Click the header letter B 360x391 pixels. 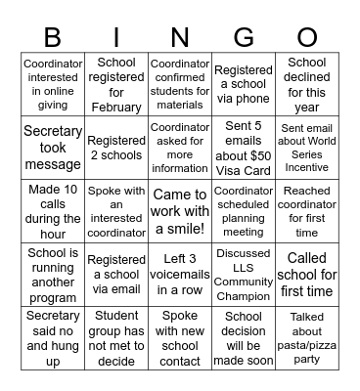coord(53,38)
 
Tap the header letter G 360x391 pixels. coord(244,38)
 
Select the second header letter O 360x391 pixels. coord(306,38)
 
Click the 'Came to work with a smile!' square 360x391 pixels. coord(180,210)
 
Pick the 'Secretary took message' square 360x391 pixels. coord(53,147)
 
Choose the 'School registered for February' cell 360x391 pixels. coord(116,85)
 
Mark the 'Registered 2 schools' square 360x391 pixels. coord(116,147)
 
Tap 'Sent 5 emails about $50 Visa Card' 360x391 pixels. coord(244,147)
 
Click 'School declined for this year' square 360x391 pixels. coord(306,85)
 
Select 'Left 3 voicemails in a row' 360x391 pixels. coord(180,274)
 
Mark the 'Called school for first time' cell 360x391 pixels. coord(306,274)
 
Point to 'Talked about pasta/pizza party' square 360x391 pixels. coord(306,337)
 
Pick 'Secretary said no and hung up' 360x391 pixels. coord(53,337)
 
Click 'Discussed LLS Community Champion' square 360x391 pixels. coord(244,274)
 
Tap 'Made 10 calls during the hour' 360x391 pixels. coord(53,210)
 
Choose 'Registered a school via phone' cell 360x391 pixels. coord(244,85)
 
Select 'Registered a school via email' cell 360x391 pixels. coord(116,274)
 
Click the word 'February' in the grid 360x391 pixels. coord(116,107)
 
